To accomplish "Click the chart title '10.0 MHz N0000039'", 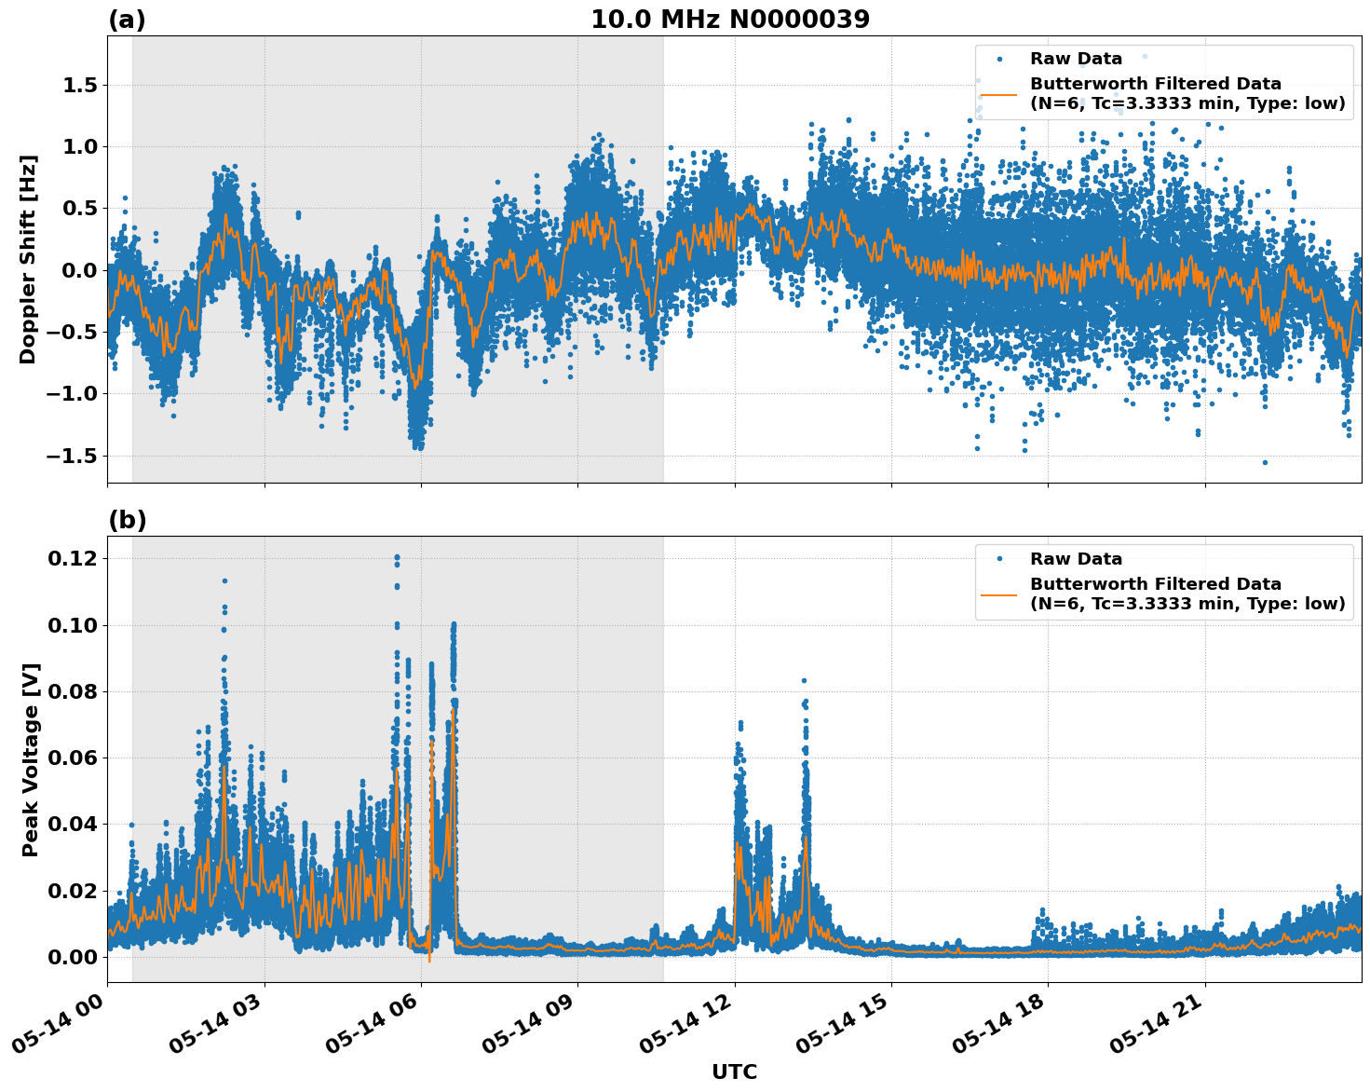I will tap(729, 20).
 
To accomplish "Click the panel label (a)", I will tap(127, 20).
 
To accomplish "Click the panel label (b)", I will tap(127, 520).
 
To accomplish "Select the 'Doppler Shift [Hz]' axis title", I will tap(28, 259).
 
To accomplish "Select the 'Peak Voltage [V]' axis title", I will tap(31, 759).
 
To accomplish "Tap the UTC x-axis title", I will tap(734, 1072).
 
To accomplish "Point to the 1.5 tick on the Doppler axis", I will tap(78, 86).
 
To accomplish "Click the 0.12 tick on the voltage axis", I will tap(73, 559).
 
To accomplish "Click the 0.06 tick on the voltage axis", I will tap(73, 758).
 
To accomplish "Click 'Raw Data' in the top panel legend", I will tap(1076, 59).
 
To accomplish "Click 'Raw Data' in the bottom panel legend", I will tap(1076, 559).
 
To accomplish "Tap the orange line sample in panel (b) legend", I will tap(998, 594).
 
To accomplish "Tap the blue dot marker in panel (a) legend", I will tap(999, 59).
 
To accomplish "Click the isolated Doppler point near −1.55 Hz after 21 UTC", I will tap(1265, 462).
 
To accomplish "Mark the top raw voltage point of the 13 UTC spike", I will tap(804, 681).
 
